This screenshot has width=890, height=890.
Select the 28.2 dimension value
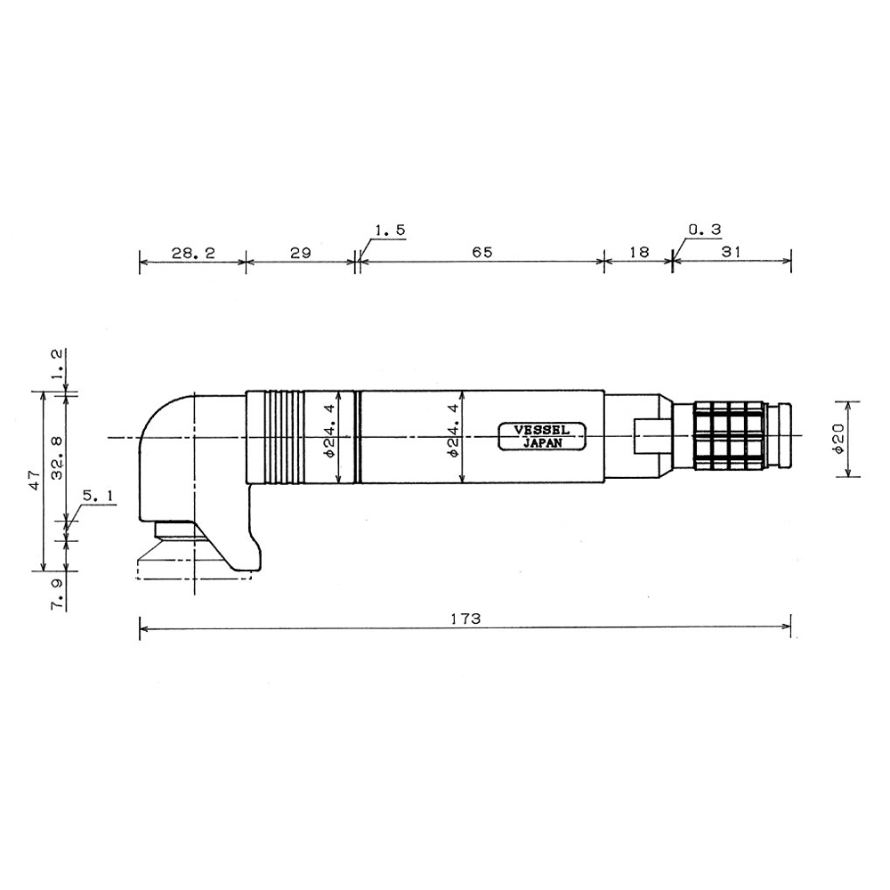pyautogui.click(x=193, y=253)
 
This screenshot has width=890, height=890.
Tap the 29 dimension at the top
pyautogui.click(x=300, y=253)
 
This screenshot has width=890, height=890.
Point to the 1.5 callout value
pyautogui.click(x=390, y=231)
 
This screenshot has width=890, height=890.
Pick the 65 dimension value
pyautogui.click(x=481, y=253)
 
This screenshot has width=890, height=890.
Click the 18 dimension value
pyautogui.click(x=638, y=253)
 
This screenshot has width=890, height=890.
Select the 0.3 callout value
pyautogui.click(x=704, y=231)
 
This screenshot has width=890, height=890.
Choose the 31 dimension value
pyautogui.click(x=731, y=253)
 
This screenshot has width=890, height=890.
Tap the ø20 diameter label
pyautogui.click(x=838, y=439)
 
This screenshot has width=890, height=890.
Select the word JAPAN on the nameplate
pyautogui.click(x=541, y=442)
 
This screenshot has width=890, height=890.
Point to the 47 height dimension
pyautogui.click(x=33, y=481)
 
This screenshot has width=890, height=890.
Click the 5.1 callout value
pyautogui.click(x=98, y=495)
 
